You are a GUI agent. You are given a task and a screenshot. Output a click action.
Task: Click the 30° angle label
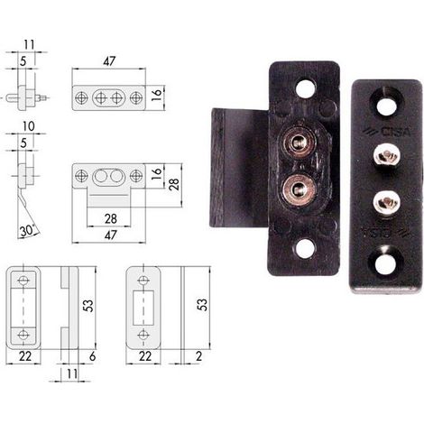(x=27, y=231)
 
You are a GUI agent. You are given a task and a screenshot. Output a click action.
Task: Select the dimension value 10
(x=28, y=126)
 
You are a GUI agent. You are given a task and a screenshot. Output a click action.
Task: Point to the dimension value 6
(x=92, y=356)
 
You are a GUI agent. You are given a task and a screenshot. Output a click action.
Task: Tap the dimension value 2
(x=198, y=356)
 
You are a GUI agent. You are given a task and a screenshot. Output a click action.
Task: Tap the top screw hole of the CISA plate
(x=385, y=106)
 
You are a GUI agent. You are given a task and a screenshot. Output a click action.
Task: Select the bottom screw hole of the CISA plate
(x=386, y=263)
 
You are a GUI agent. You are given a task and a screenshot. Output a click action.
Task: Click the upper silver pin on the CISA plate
(x=386, y=156)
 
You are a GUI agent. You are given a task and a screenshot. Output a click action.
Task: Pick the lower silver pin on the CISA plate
(x=386, y=202)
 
